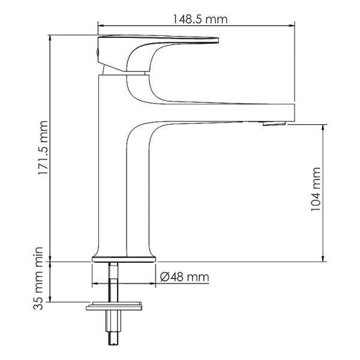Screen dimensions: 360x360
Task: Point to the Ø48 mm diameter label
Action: click(x=185, y=277)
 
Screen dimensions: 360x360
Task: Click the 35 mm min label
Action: click(x=40, y=284)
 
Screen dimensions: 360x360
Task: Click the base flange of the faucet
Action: click(x=124, y=259)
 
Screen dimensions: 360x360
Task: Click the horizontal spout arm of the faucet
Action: click(x=228, y=112)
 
